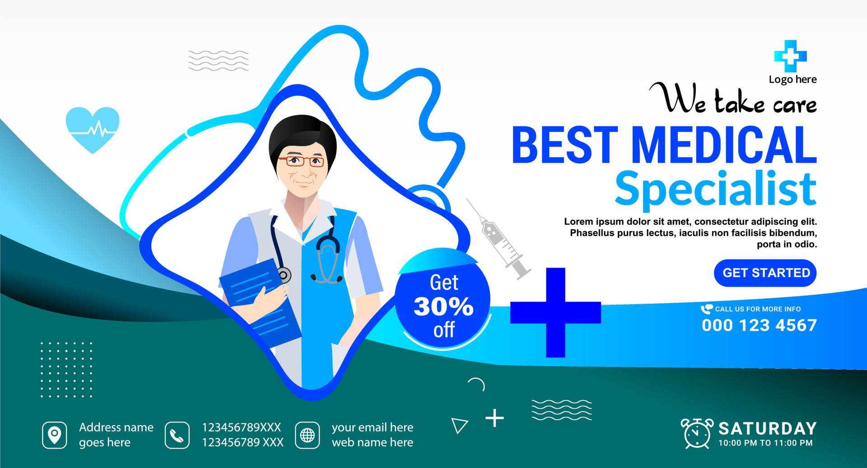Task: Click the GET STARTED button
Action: (x=765, y=273)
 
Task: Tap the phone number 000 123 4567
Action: (x=759, y=325)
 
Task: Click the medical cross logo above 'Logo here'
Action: (x=790, y=56)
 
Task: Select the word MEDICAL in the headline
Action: (x=724, y=145)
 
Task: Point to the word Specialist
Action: (x=716, y=189)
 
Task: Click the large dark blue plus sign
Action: (x=555, y=312)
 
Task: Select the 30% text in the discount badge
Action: (x=443, y=306)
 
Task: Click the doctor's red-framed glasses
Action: (x=302, y=161)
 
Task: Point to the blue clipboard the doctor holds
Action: (x=260, y=300)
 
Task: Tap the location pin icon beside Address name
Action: (x=55, y=435)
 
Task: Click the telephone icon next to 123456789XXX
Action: (x=177, y=435)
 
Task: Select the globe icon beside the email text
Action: (x=308, y=435)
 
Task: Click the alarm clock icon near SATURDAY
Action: (x=697, y=434)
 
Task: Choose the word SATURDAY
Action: (x=767, y=428)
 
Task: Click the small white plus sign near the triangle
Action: (x=494, y=418)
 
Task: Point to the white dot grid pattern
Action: (x=66, y=370)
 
